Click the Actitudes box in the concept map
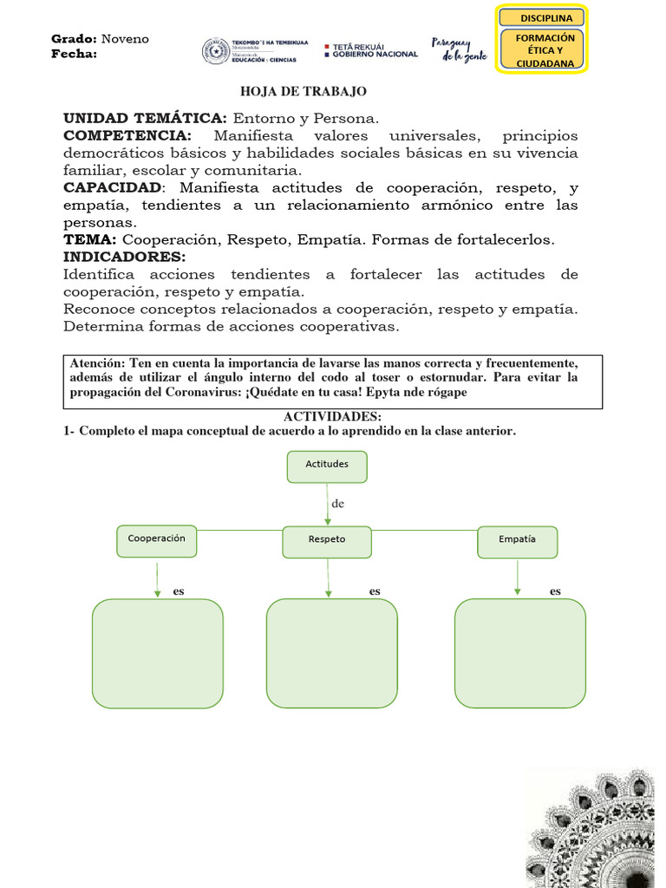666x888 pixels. [327, 466]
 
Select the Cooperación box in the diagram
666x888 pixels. [157, 540]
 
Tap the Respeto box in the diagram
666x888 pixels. [327, 541]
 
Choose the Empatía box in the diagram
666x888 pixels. [517, 541]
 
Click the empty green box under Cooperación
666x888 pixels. [157, 654]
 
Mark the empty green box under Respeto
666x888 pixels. [331, 654]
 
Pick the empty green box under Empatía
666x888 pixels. [519, 653]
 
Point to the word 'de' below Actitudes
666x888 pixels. [338, 503]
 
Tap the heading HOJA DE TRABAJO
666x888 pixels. [303, 91]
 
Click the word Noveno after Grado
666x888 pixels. [125, 39]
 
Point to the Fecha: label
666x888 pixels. [75, 54]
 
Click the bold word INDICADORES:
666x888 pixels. [125, 257]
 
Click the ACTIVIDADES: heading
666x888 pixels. [332, 417]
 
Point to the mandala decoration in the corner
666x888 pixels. [598, 827]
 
